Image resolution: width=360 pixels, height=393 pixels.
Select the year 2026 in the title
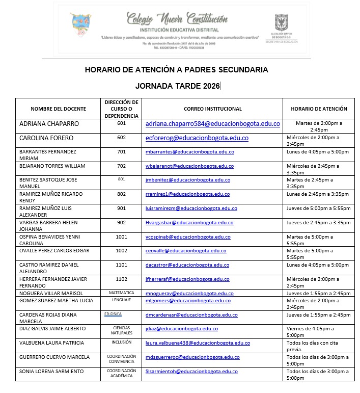[209, 86]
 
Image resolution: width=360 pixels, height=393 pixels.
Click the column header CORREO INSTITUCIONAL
[213, 109]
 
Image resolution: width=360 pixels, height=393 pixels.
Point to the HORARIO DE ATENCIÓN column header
[319, 109]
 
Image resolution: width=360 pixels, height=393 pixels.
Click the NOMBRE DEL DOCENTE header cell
[59, 109]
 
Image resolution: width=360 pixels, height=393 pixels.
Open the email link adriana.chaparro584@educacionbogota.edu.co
[213, 124]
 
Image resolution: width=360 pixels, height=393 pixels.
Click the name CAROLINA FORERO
[46, 138]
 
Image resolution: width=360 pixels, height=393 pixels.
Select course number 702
[121, 166]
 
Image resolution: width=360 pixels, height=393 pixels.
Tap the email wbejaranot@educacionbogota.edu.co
[189, 166]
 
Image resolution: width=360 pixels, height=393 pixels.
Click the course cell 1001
[121, 237]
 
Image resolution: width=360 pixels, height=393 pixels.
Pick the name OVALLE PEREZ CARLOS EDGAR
[54, 251]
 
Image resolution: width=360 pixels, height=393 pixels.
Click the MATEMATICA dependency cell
[121, 293]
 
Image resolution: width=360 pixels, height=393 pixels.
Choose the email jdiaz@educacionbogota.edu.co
[182, 329]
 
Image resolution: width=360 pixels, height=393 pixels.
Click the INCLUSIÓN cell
[121, 343]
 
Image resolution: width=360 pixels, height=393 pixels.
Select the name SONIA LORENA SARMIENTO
[51, 372]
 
